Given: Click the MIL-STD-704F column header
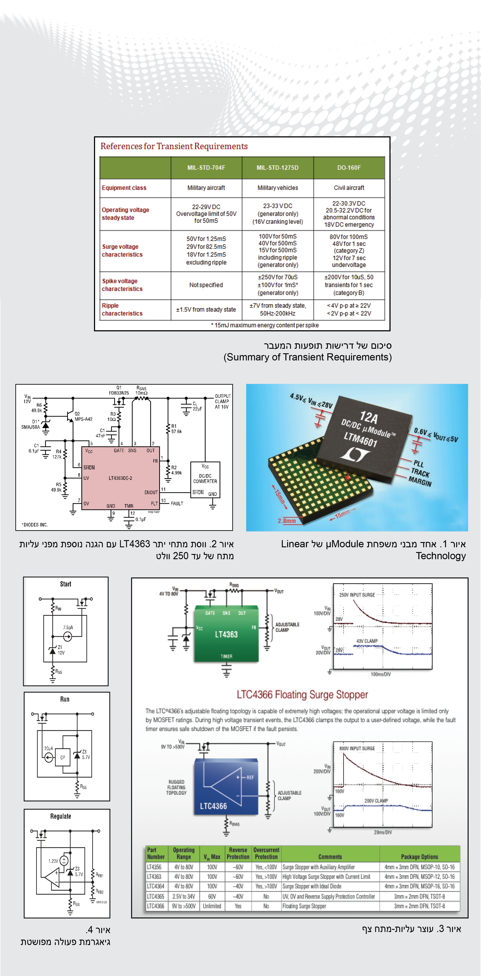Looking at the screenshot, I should [206, 168].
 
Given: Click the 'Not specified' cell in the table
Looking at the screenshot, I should [206, 285].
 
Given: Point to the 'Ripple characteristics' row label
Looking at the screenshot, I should [122, 310].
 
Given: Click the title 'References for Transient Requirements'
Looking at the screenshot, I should [174, 146].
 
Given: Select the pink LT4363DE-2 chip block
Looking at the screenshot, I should [120, 478].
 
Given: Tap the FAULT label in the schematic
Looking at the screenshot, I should [177, 503].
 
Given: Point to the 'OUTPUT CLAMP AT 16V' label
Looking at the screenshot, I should [222, 401].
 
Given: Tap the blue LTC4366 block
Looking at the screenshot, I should [226, 786].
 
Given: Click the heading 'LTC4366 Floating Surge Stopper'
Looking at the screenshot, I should [302, 694].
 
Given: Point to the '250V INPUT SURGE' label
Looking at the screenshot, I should [357, 595].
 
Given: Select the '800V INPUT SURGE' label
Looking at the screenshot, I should [357, 748].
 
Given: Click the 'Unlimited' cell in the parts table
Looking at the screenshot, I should [212, 906].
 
